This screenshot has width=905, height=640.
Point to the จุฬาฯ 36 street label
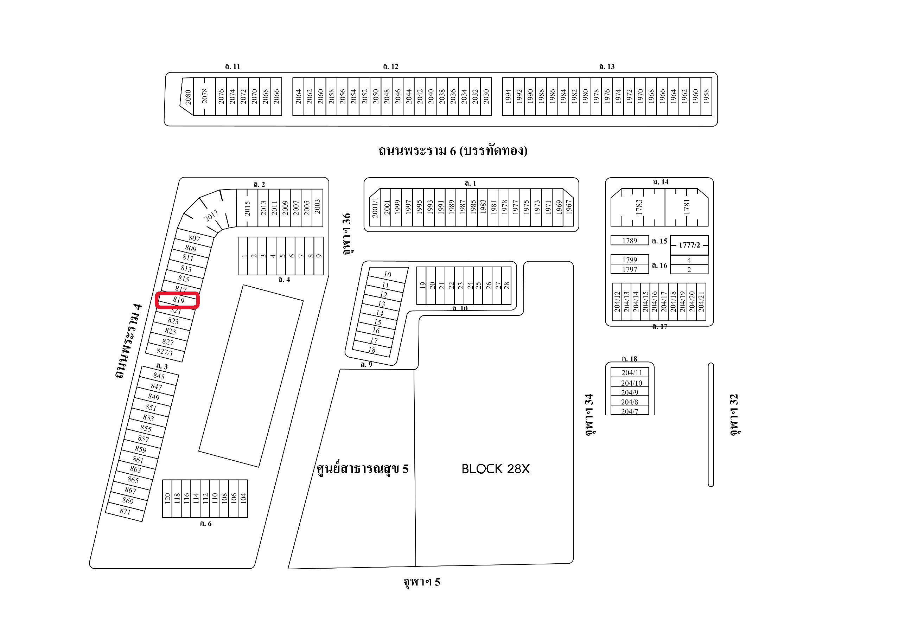point(346,234)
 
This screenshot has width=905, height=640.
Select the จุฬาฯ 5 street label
point(421,582)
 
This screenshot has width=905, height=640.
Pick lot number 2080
point(188,97)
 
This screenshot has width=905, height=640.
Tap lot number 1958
point(706,97)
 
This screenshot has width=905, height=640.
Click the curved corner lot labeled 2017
point(211,216)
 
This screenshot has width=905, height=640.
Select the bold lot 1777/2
point(689,245)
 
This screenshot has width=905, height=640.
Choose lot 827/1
point(165,352)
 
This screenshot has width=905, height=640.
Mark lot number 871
point(125,511)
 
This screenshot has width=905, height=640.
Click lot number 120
point(167,498)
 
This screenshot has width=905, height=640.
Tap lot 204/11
point(631,373)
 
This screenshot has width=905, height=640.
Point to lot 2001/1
point(375,208)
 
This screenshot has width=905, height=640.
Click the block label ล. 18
point(629,359)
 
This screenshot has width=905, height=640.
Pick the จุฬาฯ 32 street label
point(734,415)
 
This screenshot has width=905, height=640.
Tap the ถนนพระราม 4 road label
point(128,341)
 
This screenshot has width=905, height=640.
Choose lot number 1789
point(630,241)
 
